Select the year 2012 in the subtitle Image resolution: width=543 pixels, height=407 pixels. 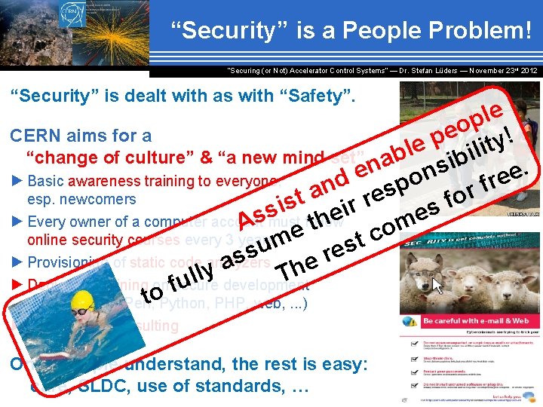pyautogui.click(x=528, y=71)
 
